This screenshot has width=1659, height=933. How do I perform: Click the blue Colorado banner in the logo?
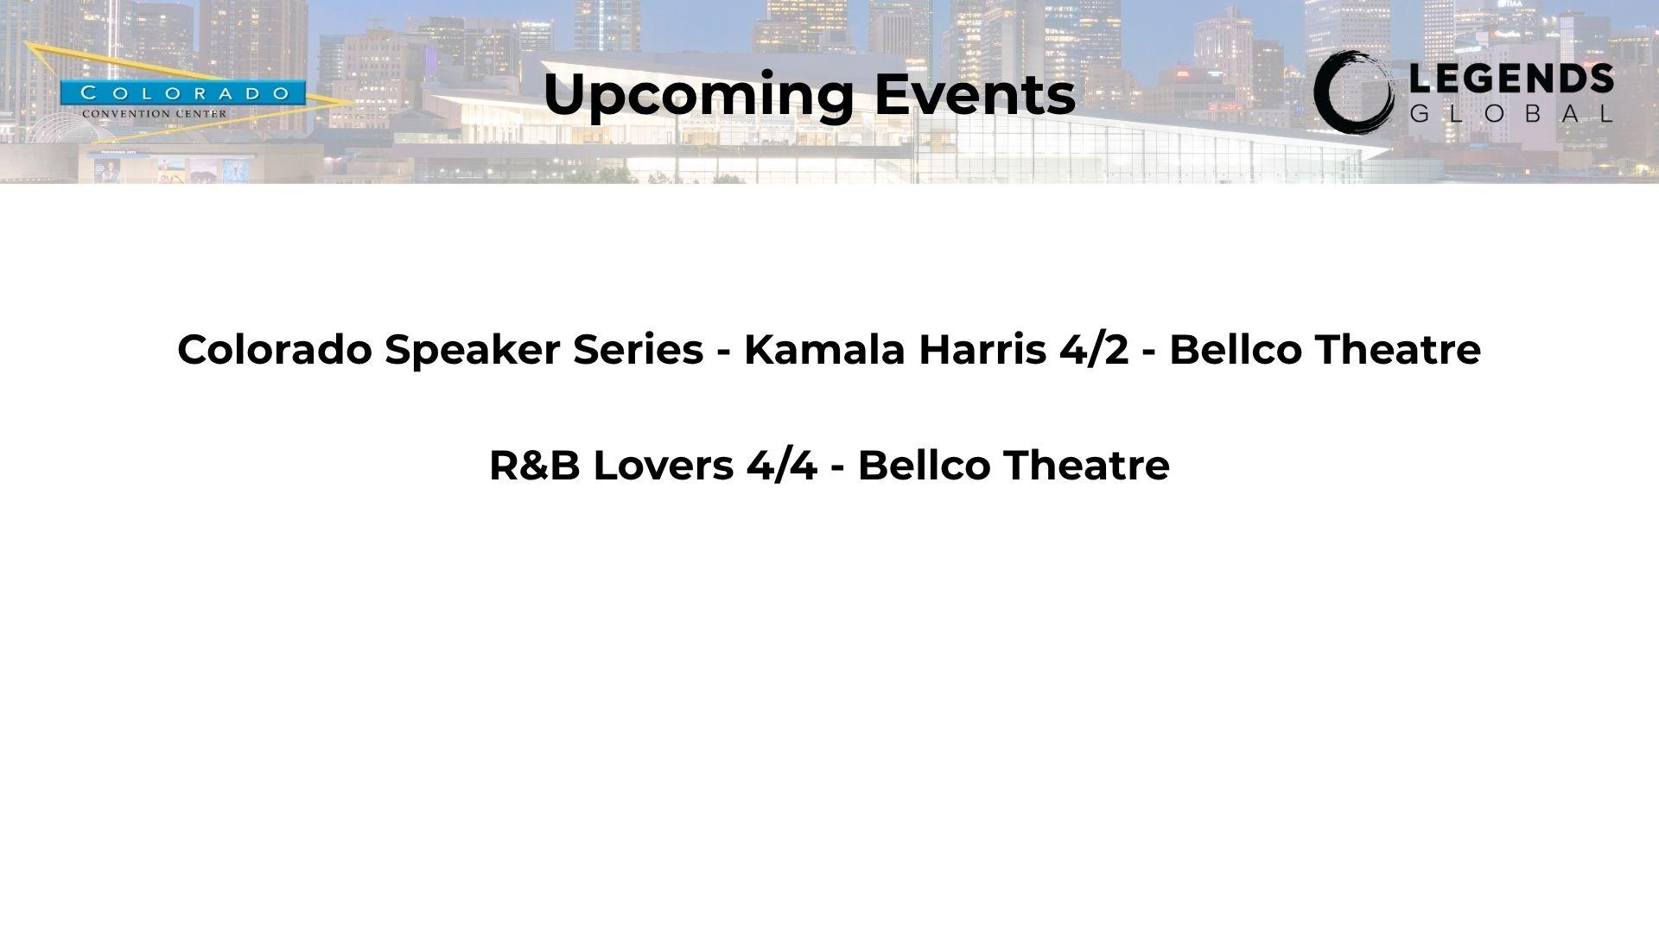coord(182,93)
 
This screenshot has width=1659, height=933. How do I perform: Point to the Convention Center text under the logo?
coord(155,113)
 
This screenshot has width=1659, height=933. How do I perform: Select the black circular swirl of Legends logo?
coord(1353,92)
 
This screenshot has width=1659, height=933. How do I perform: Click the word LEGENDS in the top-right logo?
coord(1511,79)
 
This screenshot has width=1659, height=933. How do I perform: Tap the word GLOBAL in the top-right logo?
coord(1511,113)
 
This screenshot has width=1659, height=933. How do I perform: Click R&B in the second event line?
coord(534,465)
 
